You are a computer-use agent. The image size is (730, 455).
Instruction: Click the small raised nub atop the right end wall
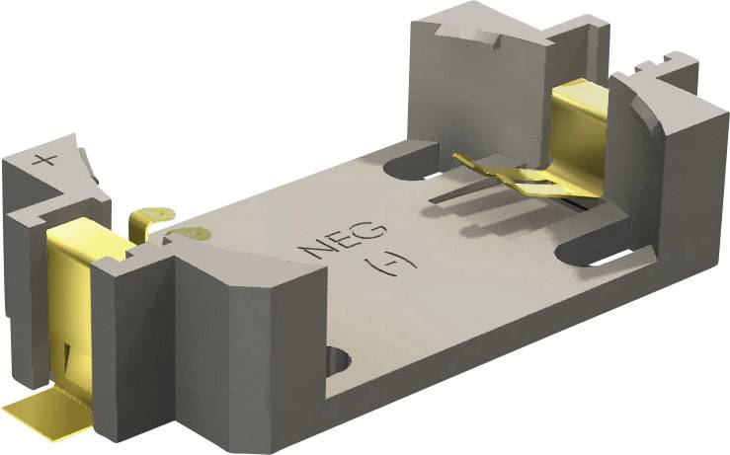[x=652, y=67]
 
